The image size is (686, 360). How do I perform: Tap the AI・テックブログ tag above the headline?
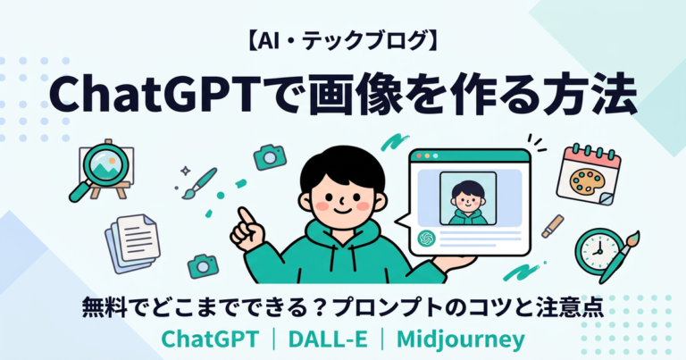(x=342, y=40)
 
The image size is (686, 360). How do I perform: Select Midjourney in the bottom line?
(x=463, y=339)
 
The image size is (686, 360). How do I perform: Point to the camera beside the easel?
(x=269, y=157)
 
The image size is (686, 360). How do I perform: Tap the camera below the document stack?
(x=204, y=264)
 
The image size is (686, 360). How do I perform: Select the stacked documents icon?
(x=132, y=234)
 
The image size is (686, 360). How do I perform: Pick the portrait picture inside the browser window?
(x=468, y=198)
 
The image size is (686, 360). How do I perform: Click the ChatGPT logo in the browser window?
(x=426, y=239)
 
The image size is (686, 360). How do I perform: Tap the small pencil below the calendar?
(x=553, y=225)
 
